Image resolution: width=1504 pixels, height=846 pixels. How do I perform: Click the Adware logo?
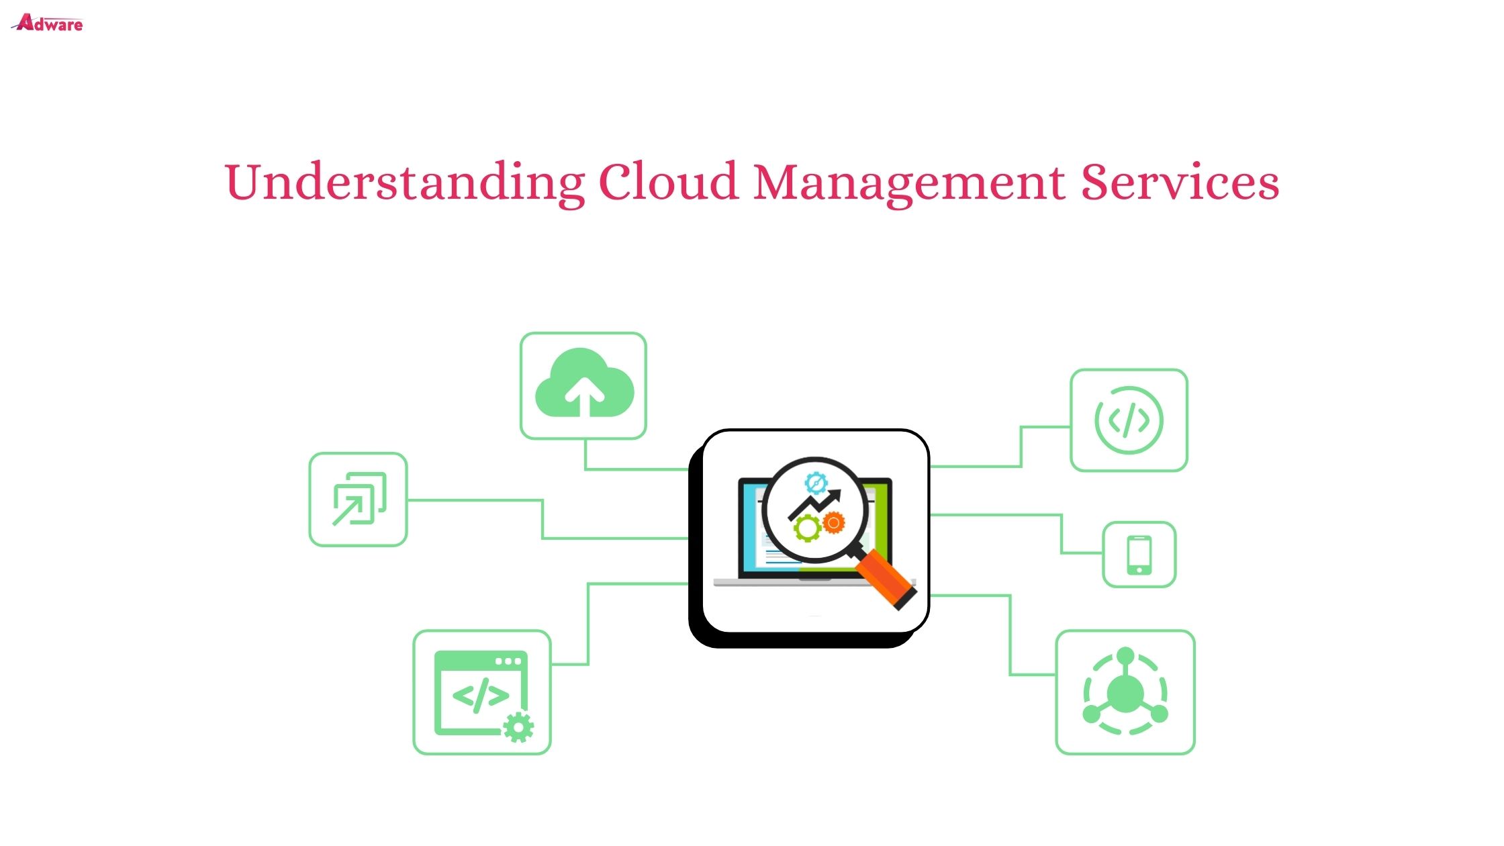48,23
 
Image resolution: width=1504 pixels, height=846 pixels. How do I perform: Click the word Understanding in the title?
405,183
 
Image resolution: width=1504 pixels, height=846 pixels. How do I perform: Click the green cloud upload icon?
584,383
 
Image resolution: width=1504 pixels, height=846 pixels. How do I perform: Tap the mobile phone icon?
1139,555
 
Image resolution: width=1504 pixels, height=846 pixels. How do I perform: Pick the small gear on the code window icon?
518,728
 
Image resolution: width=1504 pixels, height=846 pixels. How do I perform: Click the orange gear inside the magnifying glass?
833,522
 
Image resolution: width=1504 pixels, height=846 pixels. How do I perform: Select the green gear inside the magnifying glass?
807,528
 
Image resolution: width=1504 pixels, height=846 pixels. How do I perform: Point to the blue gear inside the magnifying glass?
816,483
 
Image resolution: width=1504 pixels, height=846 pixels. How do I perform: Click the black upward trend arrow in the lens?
814,504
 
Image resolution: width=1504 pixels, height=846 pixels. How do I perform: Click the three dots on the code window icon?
508,661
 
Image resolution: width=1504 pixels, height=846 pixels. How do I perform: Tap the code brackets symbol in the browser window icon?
481,696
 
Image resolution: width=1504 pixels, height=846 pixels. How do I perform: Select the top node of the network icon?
1126,655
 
